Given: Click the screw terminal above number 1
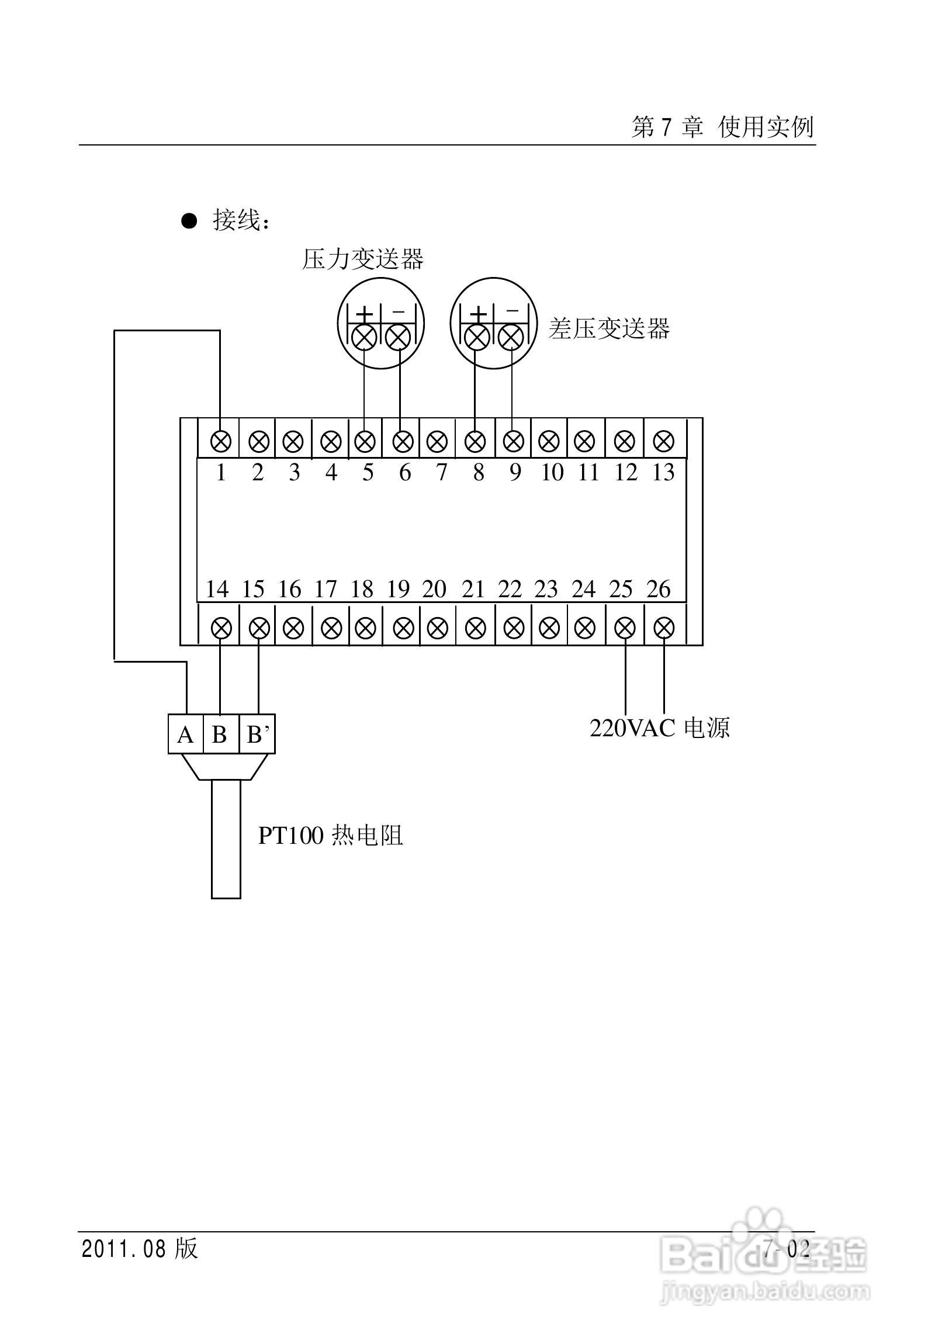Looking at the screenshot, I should tap(220, 441).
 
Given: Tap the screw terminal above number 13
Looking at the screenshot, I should tap(663, 441).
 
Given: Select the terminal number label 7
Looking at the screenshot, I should tap(441, 472).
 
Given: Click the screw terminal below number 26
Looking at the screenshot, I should tap(663, 629).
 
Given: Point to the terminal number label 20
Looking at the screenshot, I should tap(434, 589).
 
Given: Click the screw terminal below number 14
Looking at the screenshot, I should tap(220, 629).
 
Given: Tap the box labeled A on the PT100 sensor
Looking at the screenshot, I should tap(185, 735).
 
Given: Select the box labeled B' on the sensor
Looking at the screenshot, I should tap(257, 735).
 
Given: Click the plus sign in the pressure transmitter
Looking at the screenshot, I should tap(365, 314).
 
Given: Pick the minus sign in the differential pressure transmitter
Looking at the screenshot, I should tap(512, 312).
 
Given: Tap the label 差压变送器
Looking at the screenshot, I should tap(609, 328).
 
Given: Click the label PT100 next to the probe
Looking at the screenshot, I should tap(290, 836).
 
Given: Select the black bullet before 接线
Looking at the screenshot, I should tap(189, 221).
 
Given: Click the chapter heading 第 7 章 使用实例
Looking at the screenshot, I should tap(722, 127).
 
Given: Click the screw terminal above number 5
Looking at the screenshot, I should tap(365, 441).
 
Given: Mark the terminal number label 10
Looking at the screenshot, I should tap(552, 472).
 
